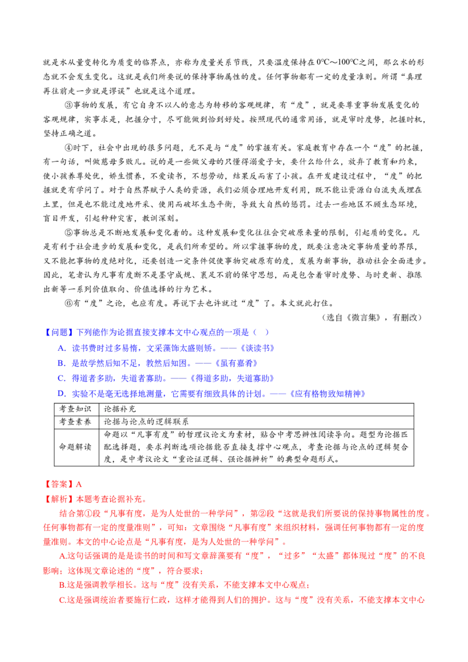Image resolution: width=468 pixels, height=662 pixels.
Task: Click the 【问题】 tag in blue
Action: tap(59, 332)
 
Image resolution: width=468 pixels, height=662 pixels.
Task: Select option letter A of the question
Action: tap(62, 348)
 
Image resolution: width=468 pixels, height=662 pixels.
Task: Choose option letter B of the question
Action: tap(61, 363)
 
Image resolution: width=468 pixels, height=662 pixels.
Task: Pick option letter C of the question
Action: tap(61, 378)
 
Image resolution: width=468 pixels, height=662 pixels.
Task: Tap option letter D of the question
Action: tap(62, 394)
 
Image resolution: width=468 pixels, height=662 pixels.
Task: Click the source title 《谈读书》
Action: tap(257, 348)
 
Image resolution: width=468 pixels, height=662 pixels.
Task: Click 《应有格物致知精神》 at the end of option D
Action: tap(328, 394)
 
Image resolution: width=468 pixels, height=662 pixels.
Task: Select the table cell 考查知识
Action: tap(75, 409)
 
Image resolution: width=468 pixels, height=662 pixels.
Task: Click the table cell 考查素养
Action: tap(75, 421)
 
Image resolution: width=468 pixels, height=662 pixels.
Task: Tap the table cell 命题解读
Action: tap(75, 447)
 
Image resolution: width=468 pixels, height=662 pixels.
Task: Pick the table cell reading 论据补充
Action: tap(120, 409)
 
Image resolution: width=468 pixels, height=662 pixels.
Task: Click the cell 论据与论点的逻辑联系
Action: tap(146, 421)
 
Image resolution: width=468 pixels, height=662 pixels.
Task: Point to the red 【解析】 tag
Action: tap(59, 499)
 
